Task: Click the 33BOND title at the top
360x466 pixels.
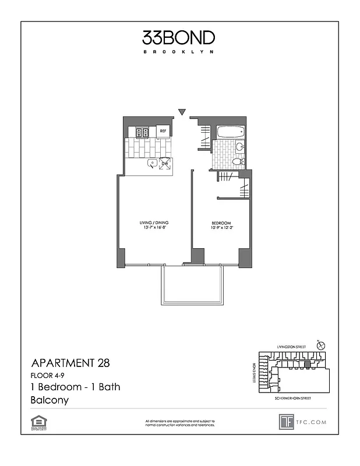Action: click(x=179, y=38)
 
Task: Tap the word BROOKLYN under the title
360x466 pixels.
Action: click(x=179, y=52)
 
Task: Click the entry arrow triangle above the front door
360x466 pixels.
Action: click(x=182, y=112)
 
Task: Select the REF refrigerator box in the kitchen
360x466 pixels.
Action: click(x=164, y=132)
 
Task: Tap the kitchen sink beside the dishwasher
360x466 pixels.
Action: click(x=151, y=164)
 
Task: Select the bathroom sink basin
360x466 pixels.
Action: click(x=239, y=147)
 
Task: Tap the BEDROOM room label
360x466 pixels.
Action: click(x=221, y=223)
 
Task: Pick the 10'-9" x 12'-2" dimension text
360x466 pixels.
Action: click(x=221, y=228)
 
